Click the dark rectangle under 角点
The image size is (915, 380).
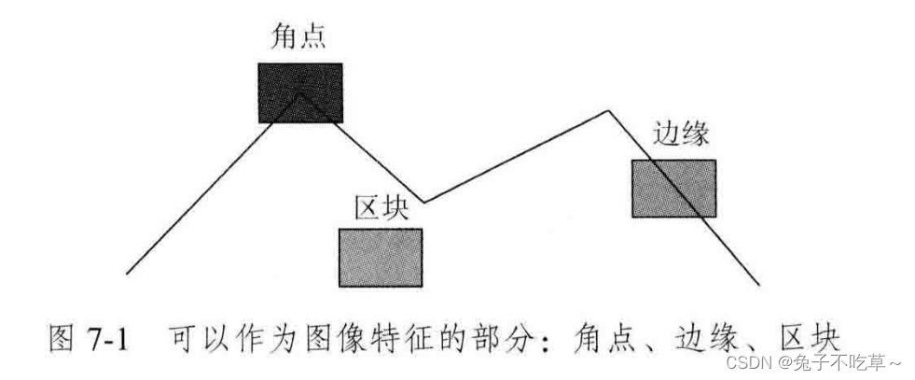pyautogui.click(x=300, y=92)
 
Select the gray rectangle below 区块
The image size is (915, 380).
pyautogui.click(x=381, y=257)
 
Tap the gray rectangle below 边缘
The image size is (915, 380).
pyautogui.click(x=673, y=188)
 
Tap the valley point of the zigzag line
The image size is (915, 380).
pyautogui.click(x=424, y=201)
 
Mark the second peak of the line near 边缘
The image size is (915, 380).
pyautogui.click(x=610, y=112)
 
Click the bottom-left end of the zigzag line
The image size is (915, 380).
pyautogui.click(x=128, y=274)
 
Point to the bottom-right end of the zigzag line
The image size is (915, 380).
pyautogui.click(x=757, y=283)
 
